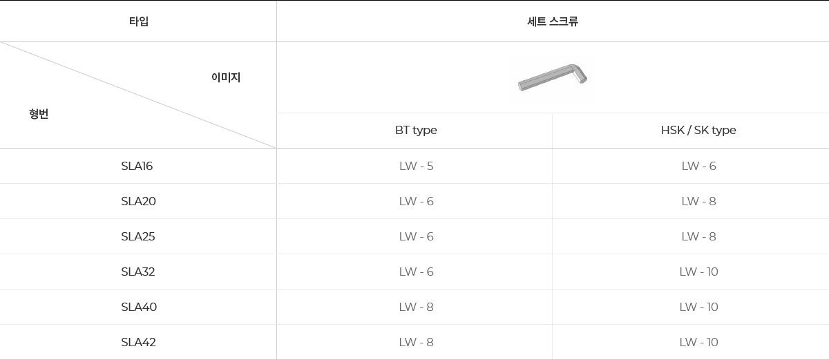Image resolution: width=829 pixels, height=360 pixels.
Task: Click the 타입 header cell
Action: coord(138,21)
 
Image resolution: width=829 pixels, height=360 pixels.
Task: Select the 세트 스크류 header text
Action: coord(552,21)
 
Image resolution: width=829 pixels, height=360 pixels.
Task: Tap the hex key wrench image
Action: coord(553,77)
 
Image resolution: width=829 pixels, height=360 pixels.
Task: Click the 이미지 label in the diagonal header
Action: coord(226,78)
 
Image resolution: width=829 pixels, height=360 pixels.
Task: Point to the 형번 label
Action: coord(39,114)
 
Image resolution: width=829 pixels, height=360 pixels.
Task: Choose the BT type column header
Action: coord(416,130)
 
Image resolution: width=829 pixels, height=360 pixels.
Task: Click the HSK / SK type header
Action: coord(698,130)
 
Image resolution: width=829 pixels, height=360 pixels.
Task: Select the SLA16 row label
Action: coord(137,167)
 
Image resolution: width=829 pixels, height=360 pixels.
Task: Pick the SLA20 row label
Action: coord(138,202)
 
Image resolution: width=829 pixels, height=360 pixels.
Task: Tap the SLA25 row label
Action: coord(138,237)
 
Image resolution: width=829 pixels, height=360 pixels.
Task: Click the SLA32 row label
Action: coord(138,272)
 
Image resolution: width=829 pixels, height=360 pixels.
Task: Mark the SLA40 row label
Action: coord(139,307)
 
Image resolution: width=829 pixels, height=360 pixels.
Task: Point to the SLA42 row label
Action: coord(138,343)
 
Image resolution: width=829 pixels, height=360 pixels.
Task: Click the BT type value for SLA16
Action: coord(416,167)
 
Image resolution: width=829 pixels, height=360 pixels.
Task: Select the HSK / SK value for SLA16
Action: coord(698,167)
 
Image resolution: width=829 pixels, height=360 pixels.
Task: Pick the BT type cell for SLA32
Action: coord(416,272)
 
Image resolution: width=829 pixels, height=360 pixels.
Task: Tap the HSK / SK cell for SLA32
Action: coord(698,272)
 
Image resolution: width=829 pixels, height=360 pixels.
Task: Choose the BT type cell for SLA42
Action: coord(416,343)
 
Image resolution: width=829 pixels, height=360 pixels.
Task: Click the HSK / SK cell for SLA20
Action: coord(698,202)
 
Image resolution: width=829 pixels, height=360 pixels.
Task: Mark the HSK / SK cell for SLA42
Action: coord(698,343)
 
